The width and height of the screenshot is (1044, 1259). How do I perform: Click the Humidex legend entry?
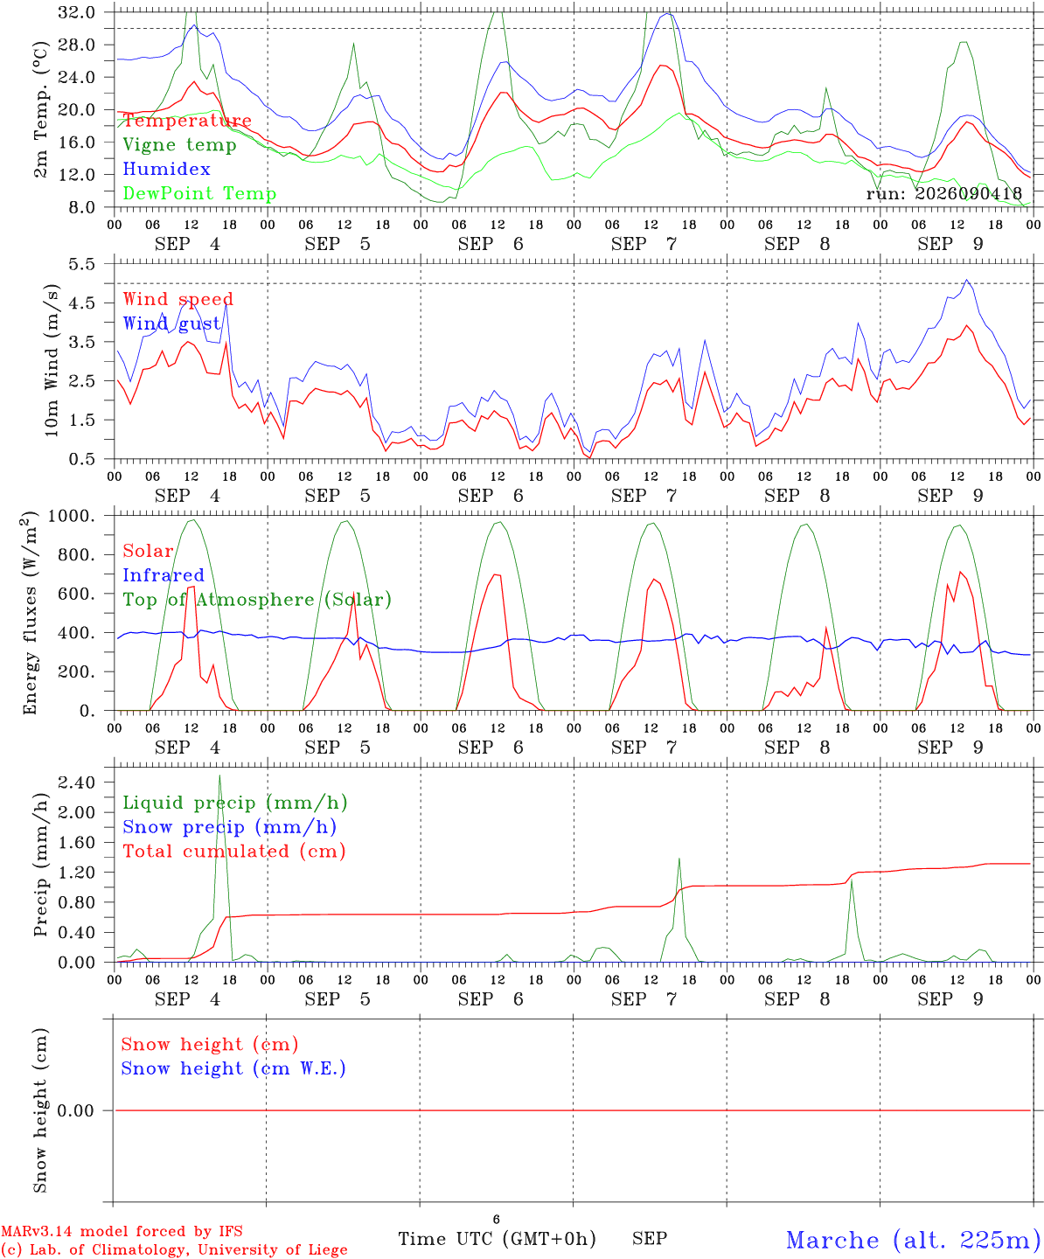click(166, 169)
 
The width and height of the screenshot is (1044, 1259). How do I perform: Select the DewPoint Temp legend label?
click(199, 193)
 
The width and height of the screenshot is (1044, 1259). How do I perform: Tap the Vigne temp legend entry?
click(180, 145)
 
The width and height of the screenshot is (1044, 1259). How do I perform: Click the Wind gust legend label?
click(172, 323)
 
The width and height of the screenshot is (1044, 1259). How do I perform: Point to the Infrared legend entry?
click(164, 575)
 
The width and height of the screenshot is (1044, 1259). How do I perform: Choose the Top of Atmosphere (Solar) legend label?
click(258, 600)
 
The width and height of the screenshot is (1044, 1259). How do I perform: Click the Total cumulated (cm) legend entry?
click(234, 852)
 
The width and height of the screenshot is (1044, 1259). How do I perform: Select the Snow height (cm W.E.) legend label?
click(233, 1068)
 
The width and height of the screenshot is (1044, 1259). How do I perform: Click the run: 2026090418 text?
click(944, 193)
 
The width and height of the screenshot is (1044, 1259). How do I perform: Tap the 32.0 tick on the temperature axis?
click(76, 12)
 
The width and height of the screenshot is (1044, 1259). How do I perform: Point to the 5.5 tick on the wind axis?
click(81, 264)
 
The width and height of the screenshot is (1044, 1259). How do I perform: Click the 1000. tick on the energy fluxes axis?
click(71, 516)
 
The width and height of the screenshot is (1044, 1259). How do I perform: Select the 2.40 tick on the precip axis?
click(77, 783)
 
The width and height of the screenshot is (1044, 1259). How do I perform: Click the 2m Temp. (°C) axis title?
click(40, 110)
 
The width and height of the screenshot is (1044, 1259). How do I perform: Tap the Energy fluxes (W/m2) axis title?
click(30, 613)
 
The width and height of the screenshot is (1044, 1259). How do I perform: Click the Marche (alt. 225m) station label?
click(908, 1240)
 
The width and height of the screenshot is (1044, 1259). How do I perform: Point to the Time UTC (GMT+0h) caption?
click(497, 1239)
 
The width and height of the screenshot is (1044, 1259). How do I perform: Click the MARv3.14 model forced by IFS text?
click(122, 1231)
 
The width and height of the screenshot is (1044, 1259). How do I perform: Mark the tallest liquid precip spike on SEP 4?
click(219, 776)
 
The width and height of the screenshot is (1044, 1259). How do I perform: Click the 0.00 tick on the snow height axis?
click(76, 1110)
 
